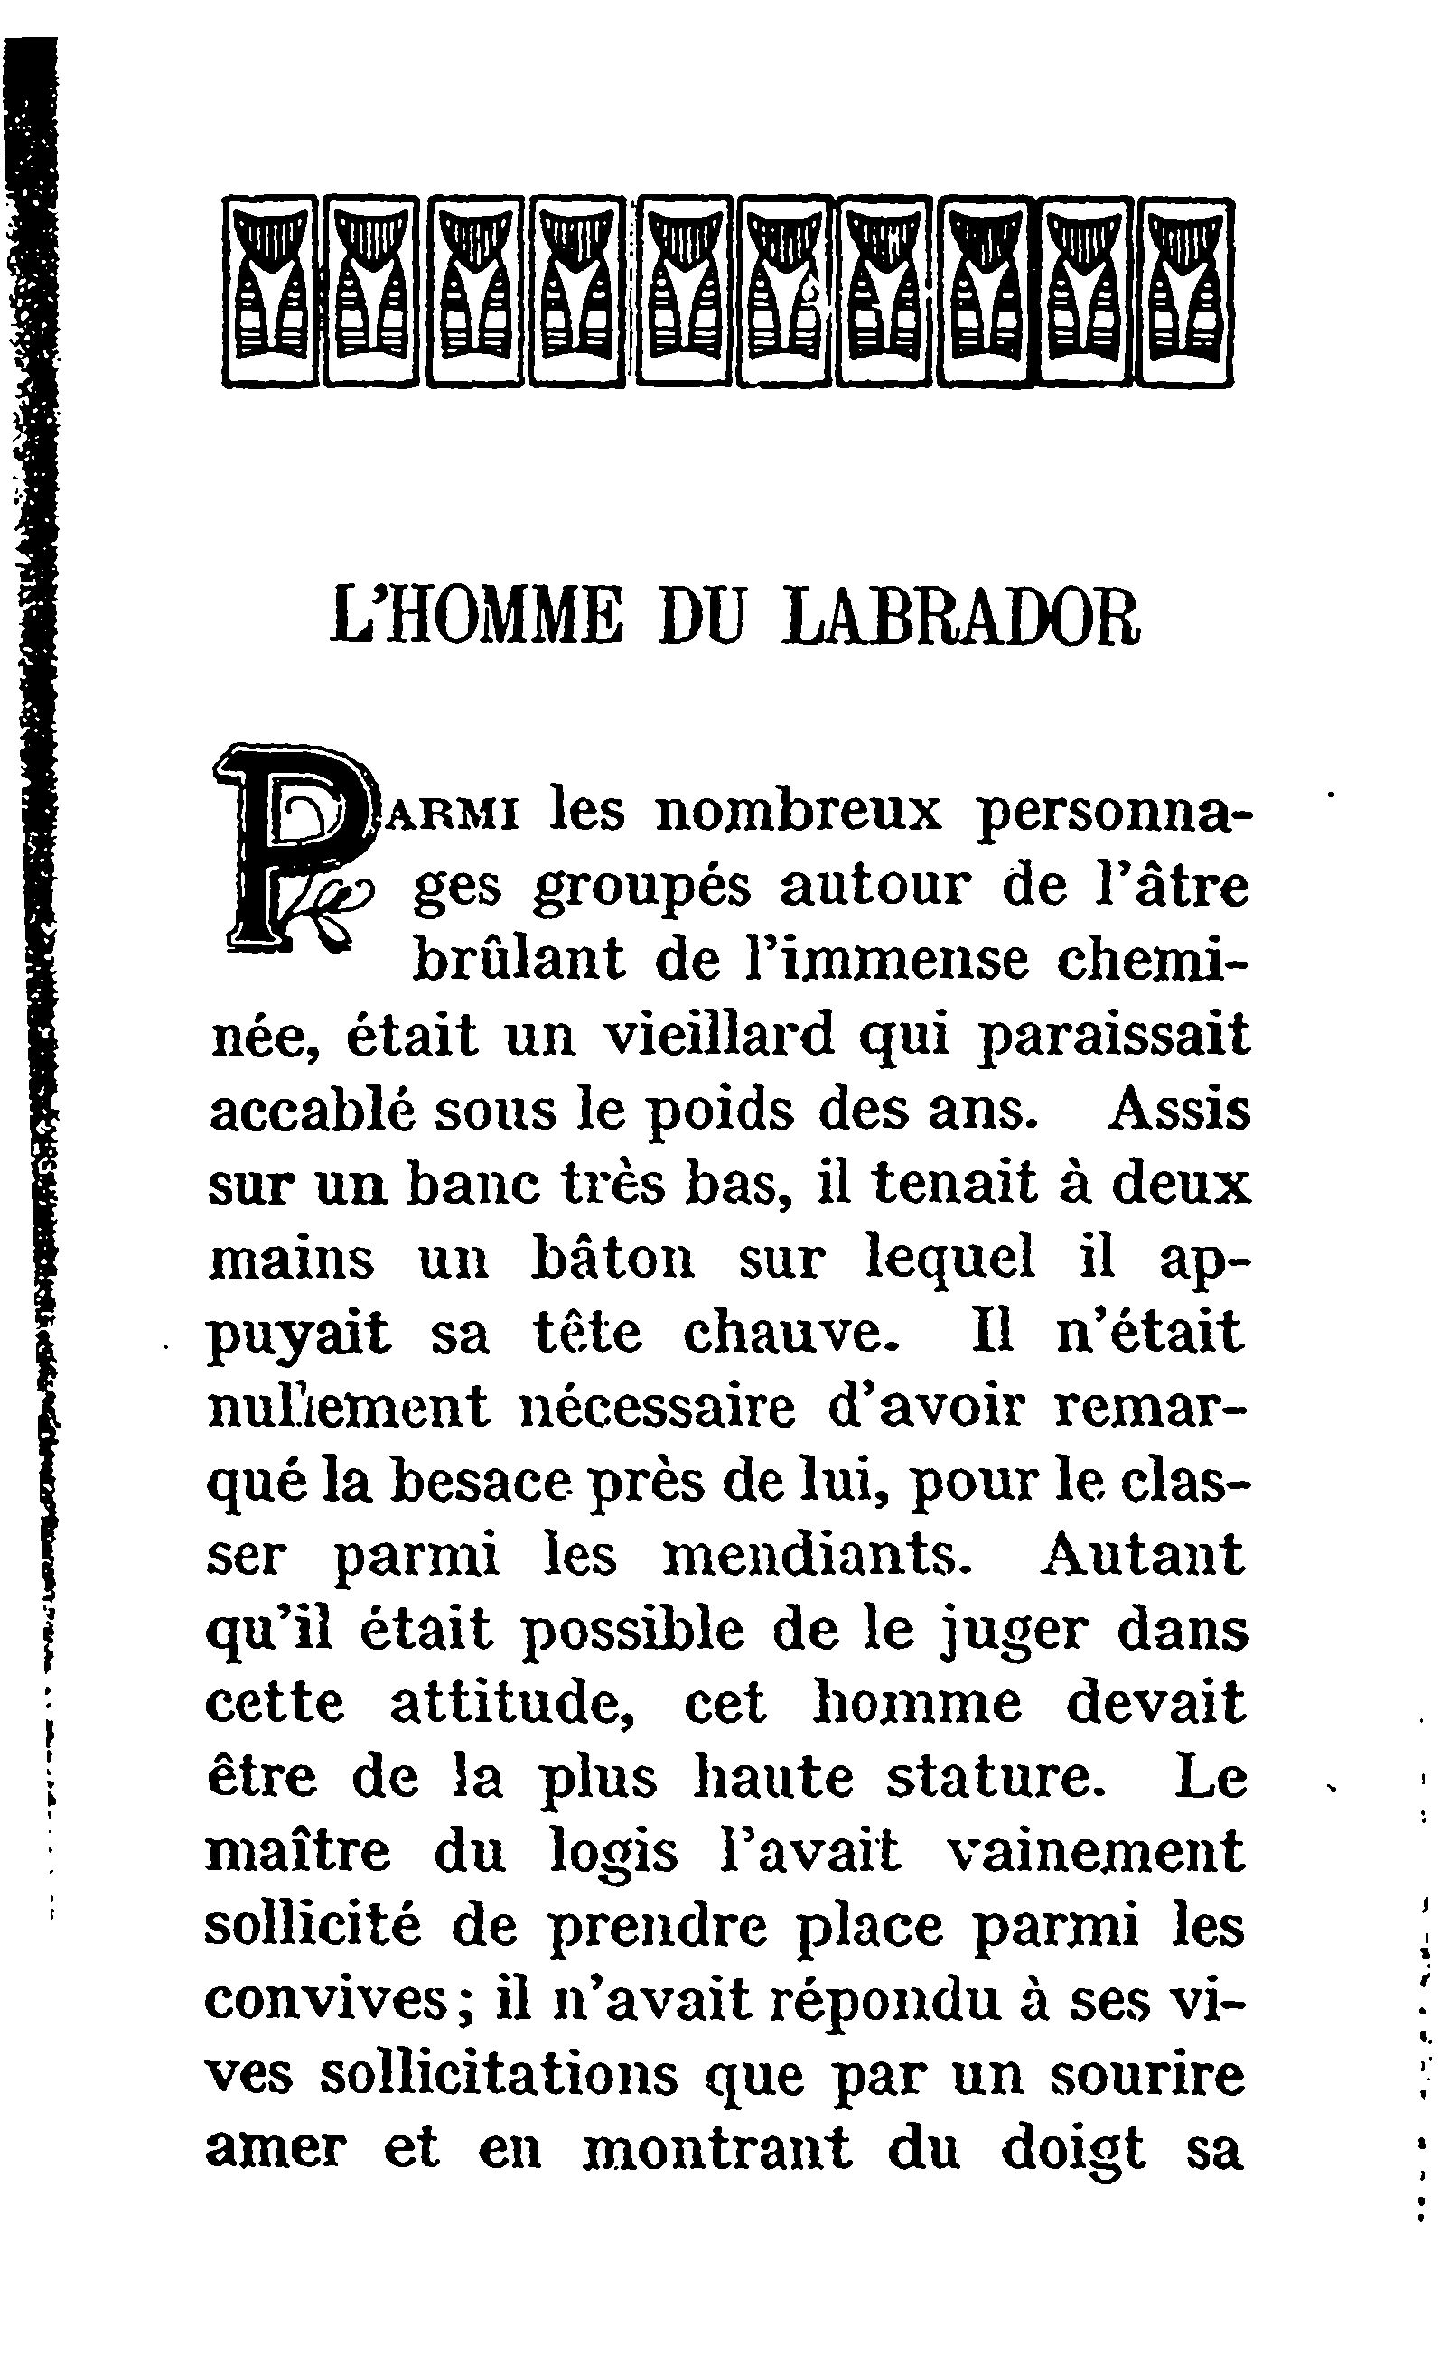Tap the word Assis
[1178, 1111]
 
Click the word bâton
[612, 1261]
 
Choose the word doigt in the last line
[1073, 2154]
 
